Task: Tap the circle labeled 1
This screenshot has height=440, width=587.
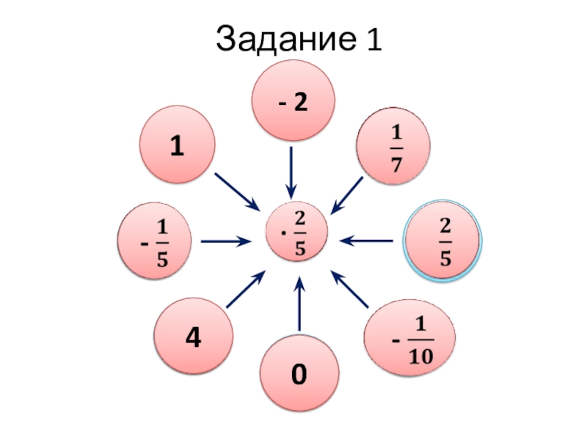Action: pos(177,145)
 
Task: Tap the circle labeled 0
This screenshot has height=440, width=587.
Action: pos(300,375)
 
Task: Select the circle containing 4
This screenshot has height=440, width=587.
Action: pos(192,338)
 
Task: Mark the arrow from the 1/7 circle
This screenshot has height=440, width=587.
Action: pos(348,194)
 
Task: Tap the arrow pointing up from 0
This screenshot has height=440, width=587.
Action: pos(299,304)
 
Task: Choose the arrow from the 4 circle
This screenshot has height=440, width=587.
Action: pos(245,290)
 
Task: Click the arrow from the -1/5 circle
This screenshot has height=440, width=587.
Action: pos(226,240)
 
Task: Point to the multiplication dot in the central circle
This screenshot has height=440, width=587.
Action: pos(282,237)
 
